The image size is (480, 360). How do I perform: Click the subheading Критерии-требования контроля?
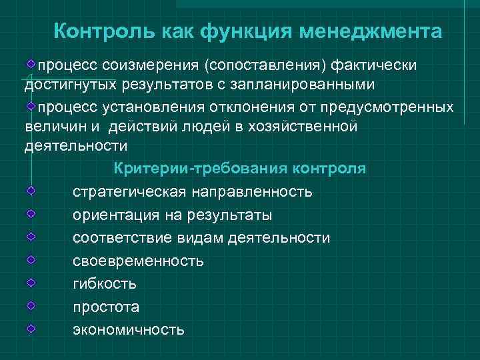pyautogui.click(x=240, y=168)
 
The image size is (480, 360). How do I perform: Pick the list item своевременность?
pyautogui.click(x=139, y=261)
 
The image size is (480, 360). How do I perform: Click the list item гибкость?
pyautogui.click(x=105, y=284)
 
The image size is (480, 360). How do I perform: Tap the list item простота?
pyautogui.click(x=106, y=307)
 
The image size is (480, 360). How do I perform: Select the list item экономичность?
pyautogui.click(x=129, y=330)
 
